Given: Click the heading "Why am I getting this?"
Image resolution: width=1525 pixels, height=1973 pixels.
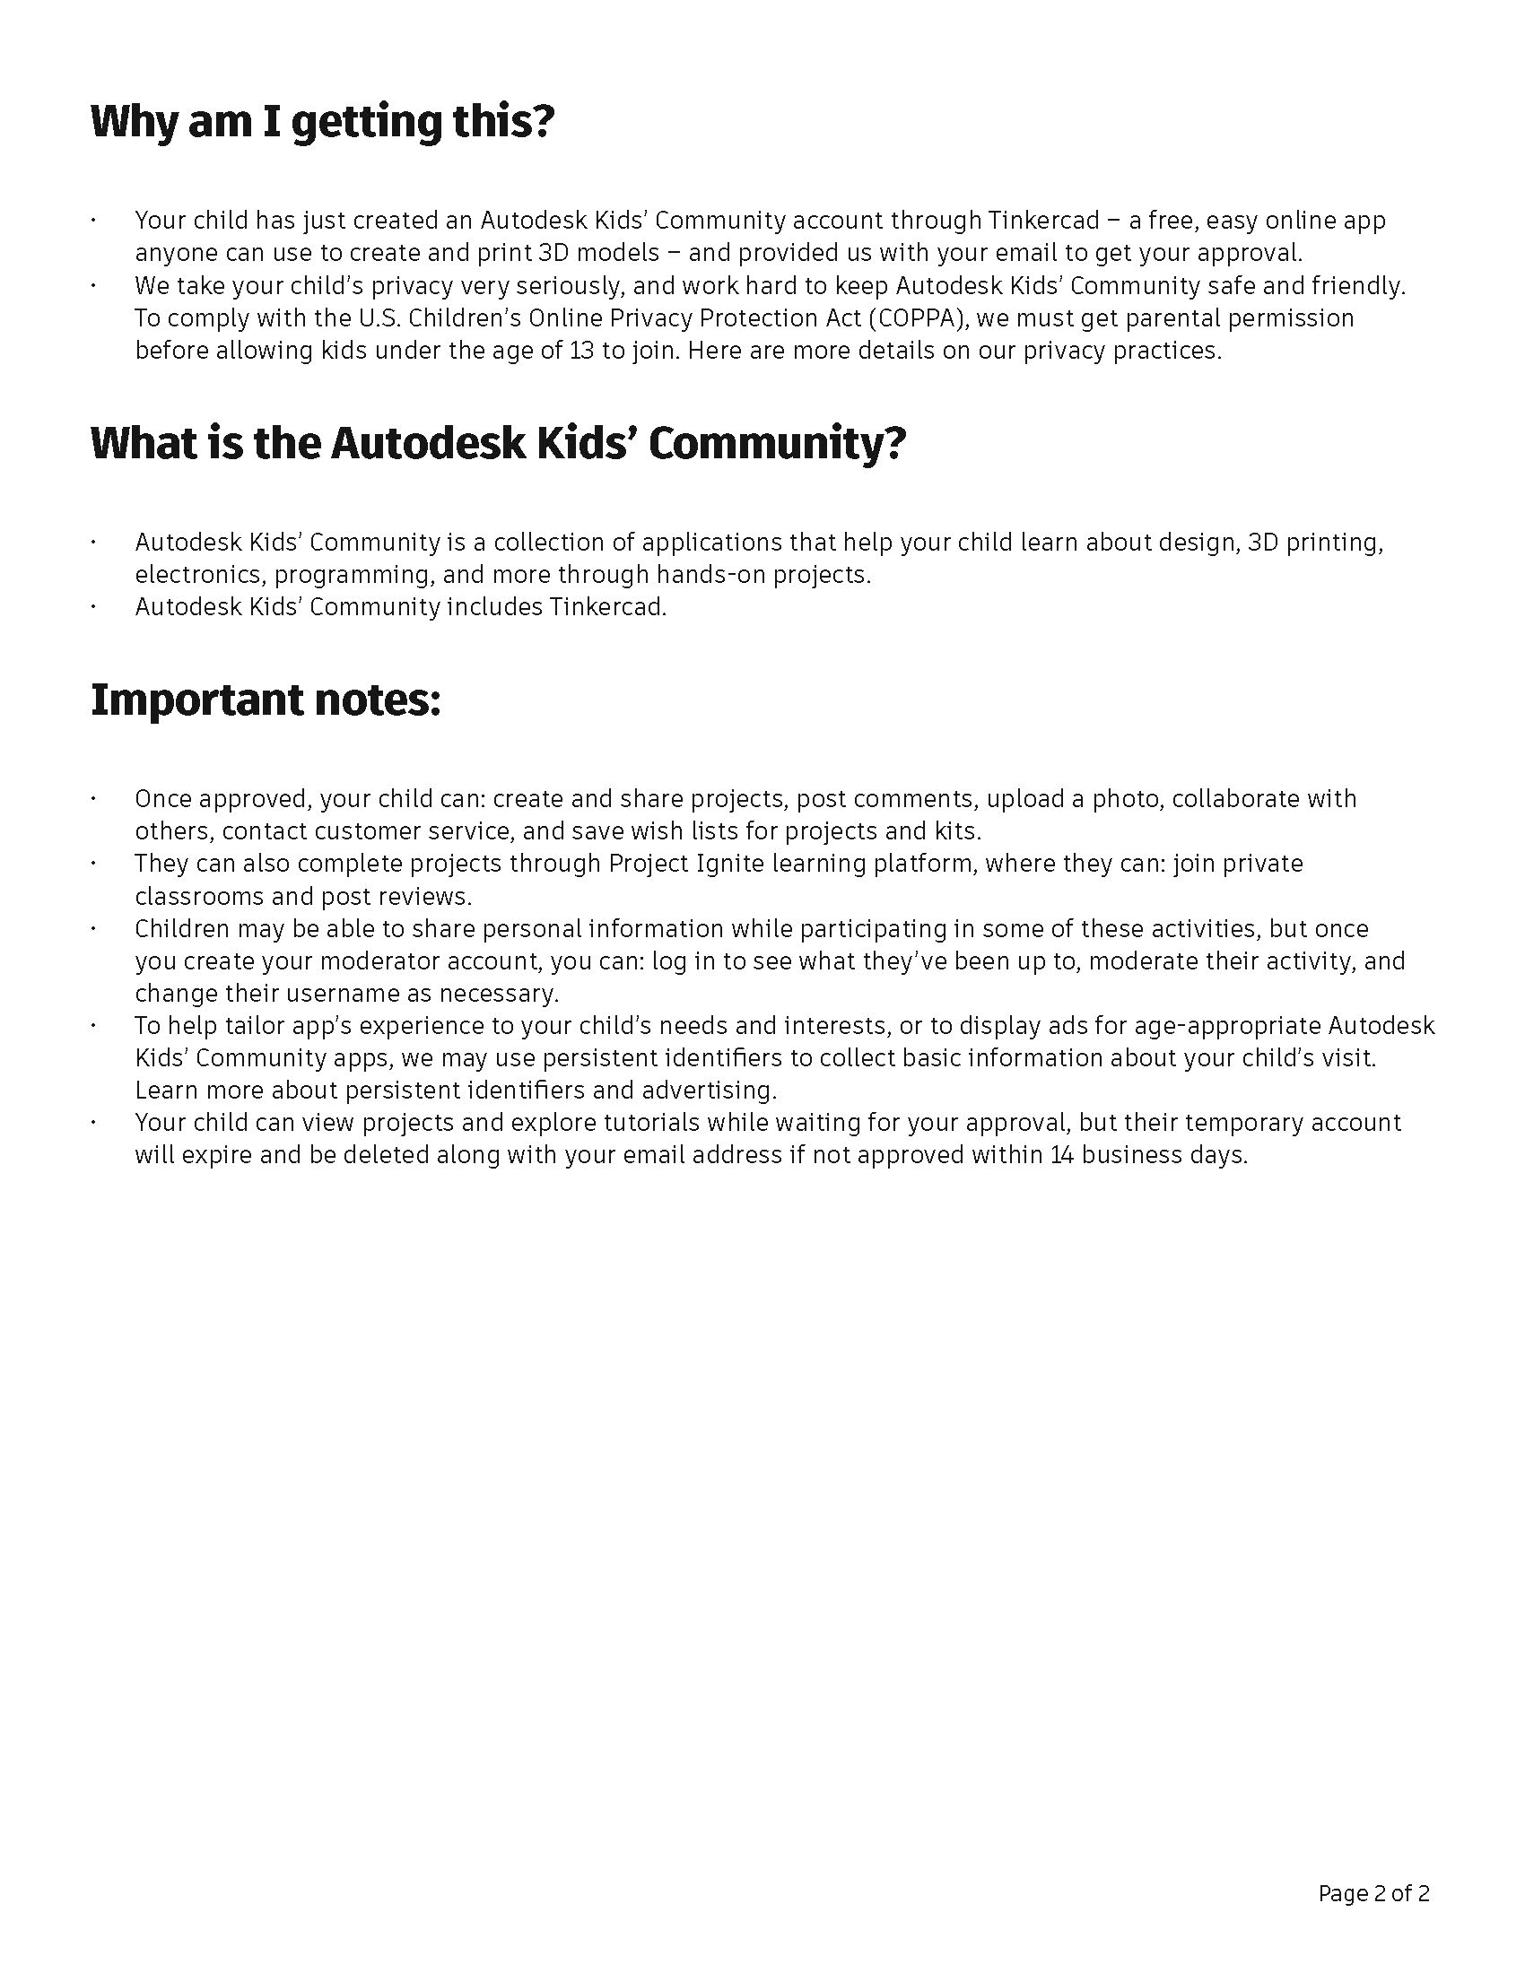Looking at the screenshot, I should click(x=322, y=123).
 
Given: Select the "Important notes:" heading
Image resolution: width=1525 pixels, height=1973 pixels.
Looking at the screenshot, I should click(x=266, y=700).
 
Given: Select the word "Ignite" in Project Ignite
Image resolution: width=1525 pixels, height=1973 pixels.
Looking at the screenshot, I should click(x=730, y=864).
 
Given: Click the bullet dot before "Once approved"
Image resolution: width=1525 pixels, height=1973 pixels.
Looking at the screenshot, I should click(x=93, y=799).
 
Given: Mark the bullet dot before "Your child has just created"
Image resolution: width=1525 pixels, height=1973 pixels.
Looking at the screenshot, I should click(x=93, y=221).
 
